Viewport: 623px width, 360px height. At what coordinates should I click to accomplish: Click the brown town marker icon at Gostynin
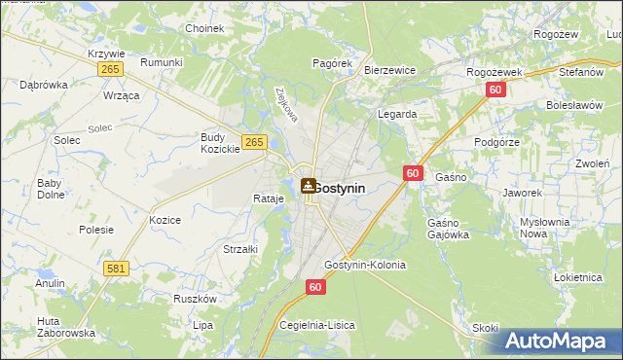point(308,186)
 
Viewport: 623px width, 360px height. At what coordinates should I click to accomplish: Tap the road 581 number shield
point(116,268)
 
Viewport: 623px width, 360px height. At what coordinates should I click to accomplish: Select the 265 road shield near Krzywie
point(110,70)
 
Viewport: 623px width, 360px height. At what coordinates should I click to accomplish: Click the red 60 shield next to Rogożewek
point(495,90)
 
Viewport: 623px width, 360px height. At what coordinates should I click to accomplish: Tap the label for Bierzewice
point(389,70)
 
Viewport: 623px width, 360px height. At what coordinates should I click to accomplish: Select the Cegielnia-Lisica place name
point(317,324)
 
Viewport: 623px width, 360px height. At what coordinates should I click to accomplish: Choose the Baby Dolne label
point(50,189)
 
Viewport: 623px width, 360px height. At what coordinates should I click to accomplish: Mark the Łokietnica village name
point(578,277)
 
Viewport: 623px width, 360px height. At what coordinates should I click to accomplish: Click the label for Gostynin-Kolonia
point(365,265)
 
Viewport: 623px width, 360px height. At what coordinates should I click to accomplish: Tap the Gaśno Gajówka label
point(448,229)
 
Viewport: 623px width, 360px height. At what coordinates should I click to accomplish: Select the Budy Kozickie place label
point(220,143)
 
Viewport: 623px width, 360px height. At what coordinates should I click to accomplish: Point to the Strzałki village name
point(239,249)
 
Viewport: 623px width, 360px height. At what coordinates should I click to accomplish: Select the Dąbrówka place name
point(44,85)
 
